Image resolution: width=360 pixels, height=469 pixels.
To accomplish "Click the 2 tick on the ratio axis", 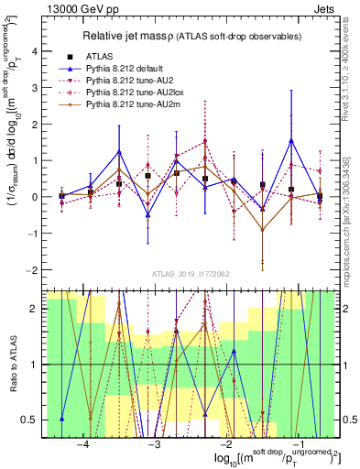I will tap(34, 309).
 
